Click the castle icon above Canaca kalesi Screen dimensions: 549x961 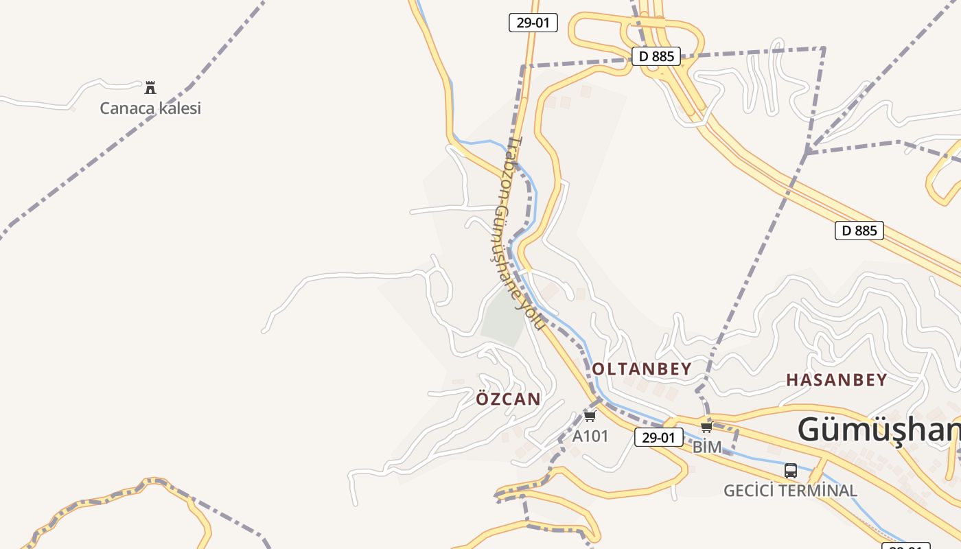150,87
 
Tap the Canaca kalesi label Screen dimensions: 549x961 150,108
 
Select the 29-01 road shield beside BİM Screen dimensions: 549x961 658,437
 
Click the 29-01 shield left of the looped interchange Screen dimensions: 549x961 533,23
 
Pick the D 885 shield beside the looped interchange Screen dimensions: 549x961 656,56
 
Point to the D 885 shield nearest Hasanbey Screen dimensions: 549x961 859,231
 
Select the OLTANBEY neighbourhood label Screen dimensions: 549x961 642,369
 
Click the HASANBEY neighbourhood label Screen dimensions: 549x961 836,379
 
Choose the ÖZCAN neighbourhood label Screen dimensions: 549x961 509,399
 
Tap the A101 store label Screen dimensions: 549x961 590,436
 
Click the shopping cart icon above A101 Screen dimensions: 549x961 590,416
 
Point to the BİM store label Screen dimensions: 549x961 707,447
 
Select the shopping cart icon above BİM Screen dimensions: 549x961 706,427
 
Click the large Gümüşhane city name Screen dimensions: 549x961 879,430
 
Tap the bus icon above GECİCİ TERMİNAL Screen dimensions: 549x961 791,471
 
